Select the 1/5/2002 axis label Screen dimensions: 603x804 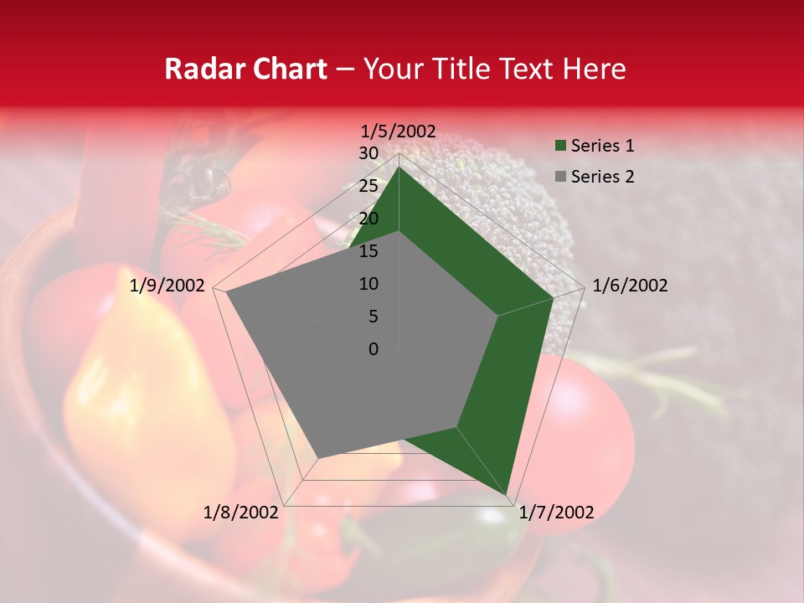click(x=398, y=131)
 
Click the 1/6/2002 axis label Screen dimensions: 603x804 click(x=630, y=286)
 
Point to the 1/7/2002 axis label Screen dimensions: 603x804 click(x=556, y=513)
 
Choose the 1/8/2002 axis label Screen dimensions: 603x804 click(x=241, y=513)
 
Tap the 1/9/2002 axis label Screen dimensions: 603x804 click(x=167, y=286)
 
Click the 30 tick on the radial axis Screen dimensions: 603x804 click(x=368, y=153)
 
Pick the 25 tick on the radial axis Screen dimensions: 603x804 click(x=368, y=186)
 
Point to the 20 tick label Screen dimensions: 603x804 click(x=368, y=219)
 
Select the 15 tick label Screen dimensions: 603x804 click(x=368, y=251)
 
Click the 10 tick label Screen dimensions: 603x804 click(x=368, y=284)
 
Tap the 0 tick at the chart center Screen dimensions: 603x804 click(x=374, y=349)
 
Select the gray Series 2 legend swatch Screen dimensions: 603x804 click(x=559, y=177)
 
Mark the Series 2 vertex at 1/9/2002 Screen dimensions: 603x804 click(x=226, y=293)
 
